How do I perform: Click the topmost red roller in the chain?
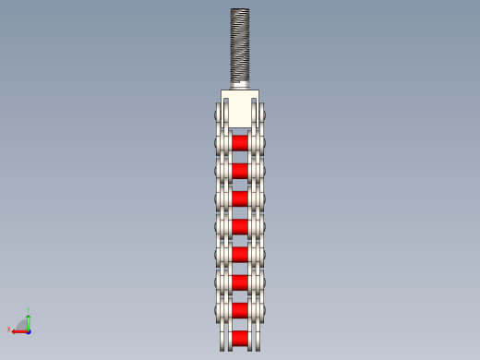[240, 143]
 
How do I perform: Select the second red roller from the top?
[240, 171]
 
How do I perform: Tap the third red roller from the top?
[240, 198]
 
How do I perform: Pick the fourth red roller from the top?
[240, 226]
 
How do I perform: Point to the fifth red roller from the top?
[240, 254]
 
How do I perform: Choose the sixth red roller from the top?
[240, 282]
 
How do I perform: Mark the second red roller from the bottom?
[240, 309]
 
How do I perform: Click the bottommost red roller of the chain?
[240, 338]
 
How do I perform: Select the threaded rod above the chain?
[240, 46]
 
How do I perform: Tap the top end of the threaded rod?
[240, 11]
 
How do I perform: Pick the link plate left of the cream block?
[222, 115]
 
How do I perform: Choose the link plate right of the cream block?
[259, 115]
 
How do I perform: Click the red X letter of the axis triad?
[9, 329]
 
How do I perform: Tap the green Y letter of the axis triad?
[29, 310]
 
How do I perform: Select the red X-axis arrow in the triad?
[19, 330]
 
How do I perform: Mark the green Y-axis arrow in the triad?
[29, 321]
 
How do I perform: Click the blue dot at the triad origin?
[29, 330]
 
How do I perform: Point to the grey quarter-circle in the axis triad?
[22, 323]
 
